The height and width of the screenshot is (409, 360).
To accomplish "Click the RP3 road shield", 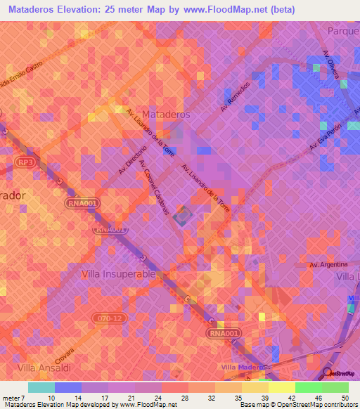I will pyautogui.click(x=25, y=162).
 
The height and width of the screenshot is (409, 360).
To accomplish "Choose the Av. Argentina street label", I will pyautogui.click(x=329, y=264).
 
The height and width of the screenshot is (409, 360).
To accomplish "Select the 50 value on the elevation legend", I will pyautogui.click(x=345, y=398).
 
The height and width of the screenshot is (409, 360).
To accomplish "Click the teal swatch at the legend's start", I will pyautogui.click(x=41, y=387).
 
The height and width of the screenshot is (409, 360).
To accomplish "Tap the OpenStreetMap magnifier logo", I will pyautogui.click(x=326, y=372).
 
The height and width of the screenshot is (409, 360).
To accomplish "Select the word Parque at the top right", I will pyautogui.click(x=343, y=31).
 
